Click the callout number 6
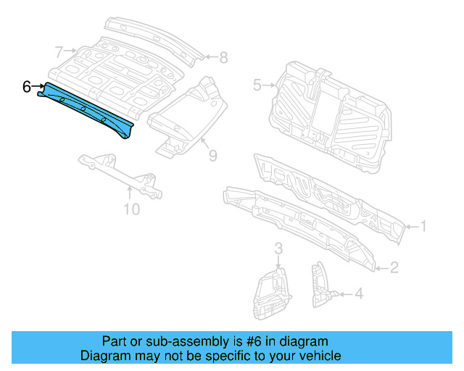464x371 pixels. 26,87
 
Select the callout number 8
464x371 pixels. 223,57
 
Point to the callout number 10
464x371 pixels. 131,210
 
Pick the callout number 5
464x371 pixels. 257,86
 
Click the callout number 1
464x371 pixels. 423,227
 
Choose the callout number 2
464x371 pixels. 394,268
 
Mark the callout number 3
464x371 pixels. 278,250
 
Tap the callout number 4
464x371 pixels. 359,293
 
